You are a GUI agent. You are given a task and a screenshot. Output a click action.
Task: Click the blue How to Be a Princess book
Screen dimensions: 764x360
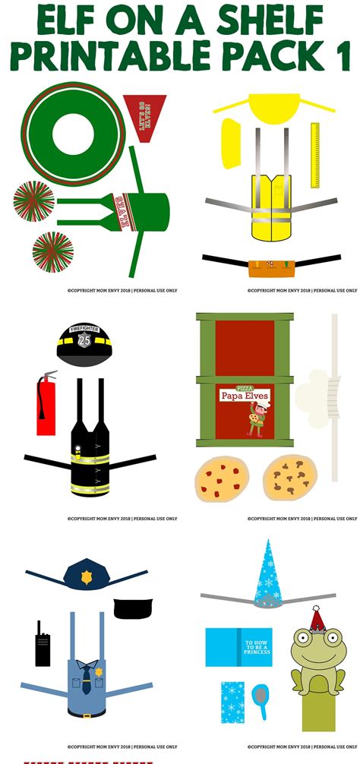coord(238,647)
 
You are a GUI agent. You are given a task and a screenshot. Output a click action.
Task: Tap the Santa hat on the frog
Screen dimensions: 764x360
coord(317,620)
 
